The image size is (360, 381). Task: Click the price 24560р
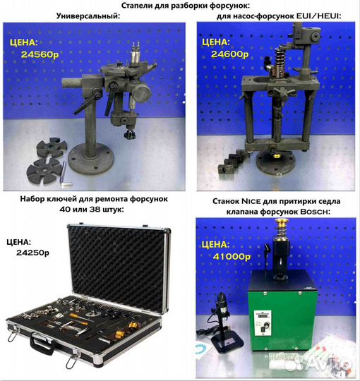[33, 54]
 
